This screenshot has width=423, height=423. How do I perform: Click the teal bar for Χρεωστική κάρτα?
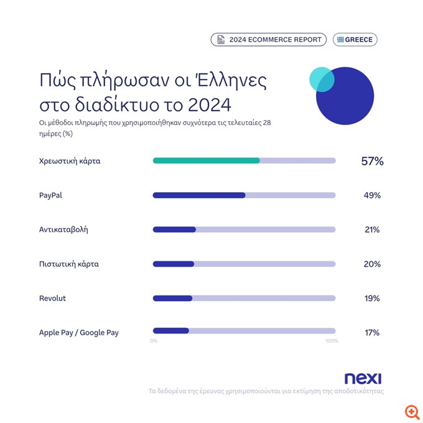[x=206, y=160]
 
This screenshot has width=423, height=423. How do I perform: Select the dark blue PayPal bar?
[x=199, y=195]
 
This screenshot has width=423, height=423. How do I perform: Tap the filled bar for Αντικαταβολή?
[x=174, y=230]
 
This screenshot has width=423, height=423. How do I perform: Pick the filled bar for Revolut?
[x=172, y=298]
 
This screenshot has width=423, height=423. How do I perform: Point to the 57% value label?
[x=372, y=161]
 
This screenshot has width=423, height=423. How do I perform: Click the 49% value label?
[x=372, y=195]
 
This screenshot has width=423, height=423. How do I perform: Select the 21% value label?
[x=372, y=230]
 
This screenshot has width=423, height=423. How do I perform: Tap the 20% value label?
[x=372, y=264]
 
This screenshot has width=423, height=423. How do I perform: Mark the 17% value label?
[x=372, y=333]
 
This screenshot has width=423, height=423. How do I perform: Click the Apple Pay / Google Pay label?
[x=78, y=333]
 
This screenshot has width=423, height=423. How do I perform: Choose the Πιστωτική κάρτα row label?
[x=68, y=264]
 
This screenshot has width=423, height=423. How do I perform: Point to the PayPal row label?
[x=50, y=195]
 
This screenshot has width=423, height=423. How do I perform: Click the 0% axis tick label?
[x=154, y=341]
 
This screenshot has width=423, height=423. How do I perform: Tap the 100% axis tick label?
[x=332, y=341]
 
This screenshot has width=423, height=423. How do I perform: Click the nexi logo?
[x=363, y=378]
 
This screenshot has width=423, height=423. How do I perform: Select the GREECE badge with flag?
[x=355, y=40]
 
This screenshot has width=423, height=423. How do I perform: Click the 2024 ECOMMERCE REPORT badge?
[x=269, y=40]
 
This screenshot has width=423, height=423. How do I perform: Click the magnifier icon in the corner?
[x=411, y=412]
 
